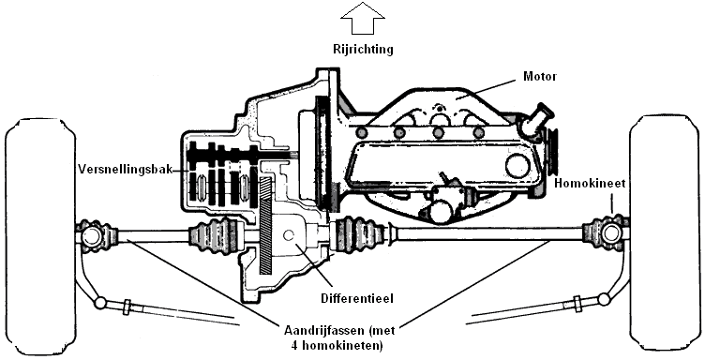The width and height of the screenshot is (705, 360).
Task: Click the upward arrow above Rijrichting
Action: coord(363,18)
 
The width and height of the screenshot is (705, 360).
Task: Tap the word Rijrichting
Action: coord(363,49)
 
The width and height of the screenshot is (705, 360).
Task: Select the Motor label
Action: coord(540,76)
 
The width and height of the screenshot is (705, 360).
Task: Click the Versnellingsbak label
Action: coord(126,170)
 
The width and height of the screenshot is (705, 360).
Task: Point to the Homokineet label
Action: coord(590,184)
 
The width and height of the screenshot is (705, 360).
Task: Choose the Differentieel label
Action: coord(357,298)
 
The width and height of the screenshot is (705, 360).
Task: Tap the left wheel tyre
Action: coord(40,235)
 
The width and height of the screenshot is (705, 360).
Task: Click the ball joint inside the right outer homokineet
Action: coord(610,233)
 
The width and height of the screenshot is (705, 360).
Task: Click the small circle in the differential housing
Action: coord(289,234)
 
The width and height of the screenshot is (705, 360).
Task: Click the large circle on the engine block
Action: coord(517,166)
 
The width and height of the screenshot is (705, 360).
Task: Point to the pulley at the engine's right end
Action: coord(551,152)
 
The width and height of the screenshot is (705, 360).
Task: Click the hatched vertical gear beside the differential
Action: coord(266,225)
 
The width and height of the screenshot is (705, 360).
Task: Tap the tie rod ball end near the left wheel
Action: coord(100,303)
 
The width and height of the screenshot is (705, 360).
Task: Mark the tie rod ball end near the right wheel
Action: coord(604,299)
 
